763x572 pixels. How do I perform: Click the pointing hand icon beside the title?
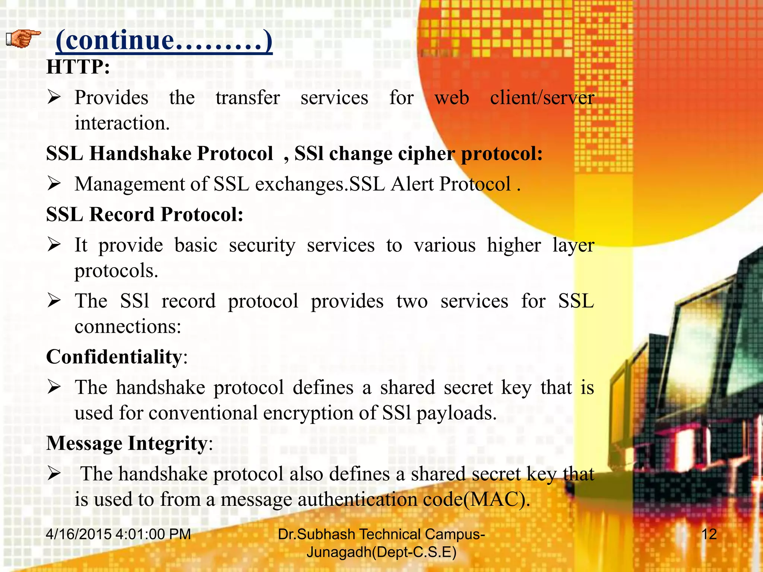tap(23, 39)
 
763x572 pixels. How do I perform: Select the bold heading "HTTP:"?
tap(78, 67)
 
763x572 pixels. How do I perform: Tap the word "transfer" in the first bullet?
tap(248, 98)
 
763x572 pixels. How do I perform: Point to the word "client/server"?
tap(542, 98)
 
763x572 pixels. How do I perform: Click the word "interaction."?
tap(122, 123)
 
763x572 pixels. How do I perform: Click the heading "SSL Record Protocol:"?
tap(145, 214)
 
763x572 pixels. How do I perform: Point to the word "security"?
tap(262, 245)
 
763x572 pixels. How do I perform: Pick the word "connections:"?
tap(128, 327)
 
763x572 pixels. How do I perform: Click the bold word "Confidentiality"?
tap(114, 357)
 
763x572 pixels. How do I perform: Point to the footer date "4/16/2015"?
tap(79, 534)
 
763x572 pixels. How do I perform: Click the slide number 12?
tap(709, 534)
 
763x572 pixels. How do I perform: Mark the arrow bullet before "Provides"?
tap(54, 98)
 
